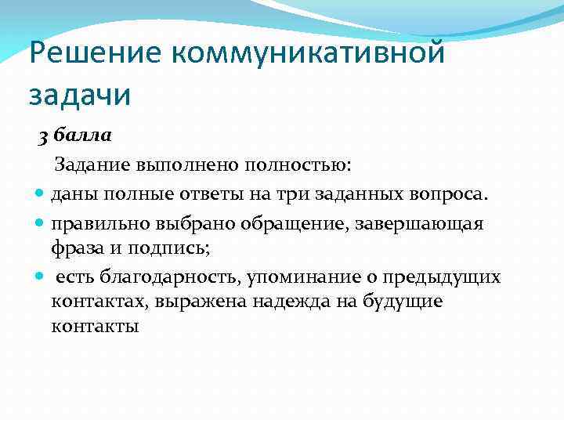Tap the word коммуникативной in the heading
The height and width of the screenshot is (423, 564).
tap(309, 54)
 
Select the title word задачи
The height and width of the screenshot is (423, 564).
tap(79, 95)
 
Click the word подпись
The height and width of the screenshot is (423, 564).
tap(184, 248)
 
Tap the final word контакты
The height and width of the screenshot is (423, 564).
tap(95, 327)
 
